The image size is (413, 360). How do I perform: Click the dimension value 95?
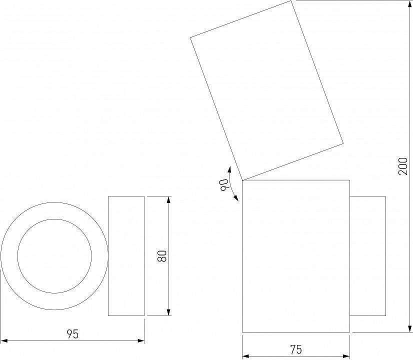73,334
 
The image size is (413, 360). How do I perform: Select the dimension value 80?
161,256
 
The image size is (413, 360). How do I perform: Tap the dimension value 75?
296,349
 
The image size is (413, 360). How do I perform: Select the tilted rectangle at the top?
266,90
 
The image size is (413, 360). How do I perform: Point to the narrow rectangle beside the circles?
126,256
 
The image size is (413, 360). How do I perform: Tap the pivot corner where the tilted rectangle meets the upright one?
242,180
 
